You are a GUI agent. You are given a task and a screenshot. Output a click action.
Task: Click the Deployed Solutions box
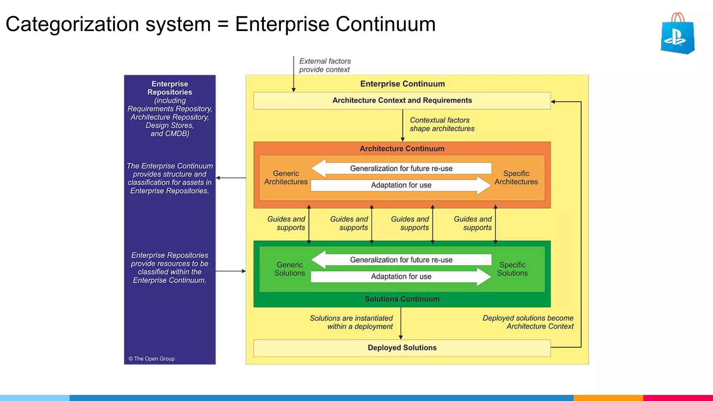(402, 348)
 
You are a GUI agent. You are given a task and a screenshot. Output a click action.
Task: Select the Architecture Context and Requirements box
(402, 101)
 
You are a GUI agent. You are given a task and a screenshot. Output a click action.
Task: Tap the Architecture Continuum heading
(402, 149)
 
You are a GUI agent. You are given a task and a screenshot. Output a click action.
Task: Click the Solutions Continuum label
(402, 299)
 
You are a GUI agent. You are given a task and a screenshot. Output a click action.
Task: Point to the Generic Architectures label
(286, 178)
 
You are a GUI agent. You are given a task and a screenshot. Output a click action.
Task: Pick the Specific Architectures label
(516, 178)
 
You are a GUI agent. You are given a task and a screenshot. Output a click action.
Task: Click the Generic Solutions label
(290, 269)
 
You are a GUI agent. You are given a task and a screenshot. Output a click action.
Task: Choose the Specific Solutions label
(512, 269)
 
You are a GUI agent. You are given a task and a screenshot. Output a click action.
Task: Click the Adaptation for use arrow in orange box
(401, 185)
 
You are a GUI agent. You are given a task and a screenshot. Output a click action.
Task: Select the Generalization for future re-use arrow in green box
(401, 260)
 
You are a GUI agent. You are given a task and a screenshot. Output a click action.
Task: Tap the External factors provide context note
(324, 65)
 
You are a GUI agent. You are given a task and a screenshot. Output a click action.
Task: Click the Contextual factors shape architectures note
(441, 124)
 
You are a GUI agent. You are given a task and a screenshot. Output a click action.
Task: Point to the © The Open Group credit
(151, 359)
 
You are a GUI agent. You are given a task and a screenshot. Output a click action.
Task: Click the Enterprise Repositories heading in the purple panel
(170, 88)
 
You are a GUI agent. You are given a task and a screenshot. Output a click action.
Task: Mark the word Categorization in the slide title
(72, 24)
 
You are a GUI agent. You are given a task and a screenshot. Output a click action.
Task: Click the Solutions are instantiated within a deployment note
(351, 322)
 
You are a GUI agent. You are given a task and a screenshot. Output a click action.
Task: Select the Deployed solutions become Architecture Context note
(528, 322)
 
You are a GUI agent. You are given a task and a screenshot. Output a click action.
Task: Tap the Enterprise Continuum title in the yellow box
(402, 84)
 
